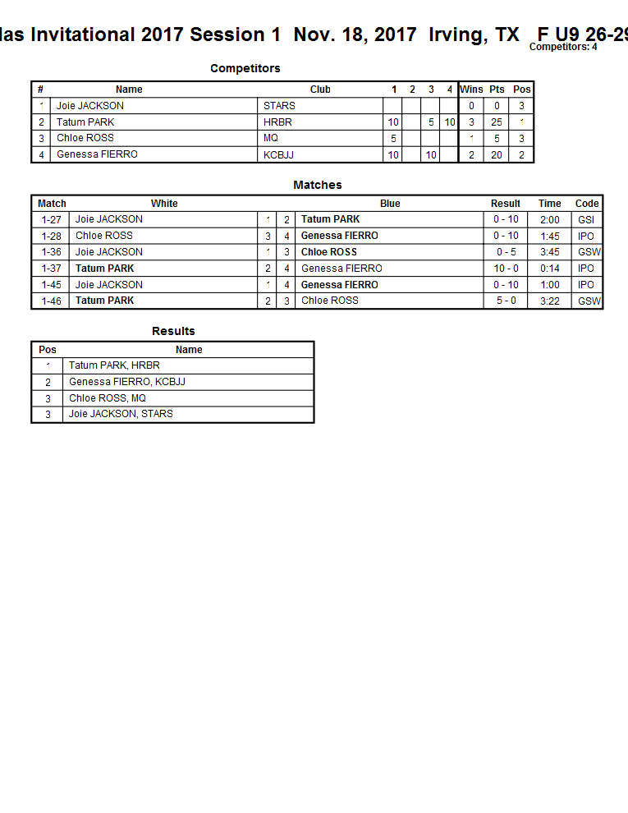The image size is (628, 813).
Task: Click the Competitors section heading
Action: [245, 68]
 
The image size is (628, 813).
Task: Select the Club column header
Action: [320, 90]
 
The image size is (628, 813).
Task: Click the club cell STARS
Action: [279, 106]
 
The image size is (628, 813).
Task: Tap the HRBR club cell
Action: [277, 122]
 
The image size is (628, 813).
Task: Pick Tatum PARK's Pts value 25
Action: [497, 122]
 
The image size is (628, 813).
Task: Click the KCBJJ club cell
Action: [278, 154]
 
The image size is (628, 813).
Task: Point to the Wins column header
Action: [471, 90]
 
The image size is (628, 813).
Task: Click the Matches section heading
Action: [318, 185]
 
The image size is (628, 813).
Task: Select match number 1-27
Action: [52, 219]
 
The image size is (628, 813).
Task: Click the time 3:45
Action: [550, 252]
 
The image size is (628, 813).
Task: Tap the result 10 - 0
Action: [506, 269]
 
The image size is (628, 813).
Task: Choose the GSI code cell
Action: [586, 219]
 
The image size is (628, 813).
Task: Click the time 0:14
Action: [550, 269]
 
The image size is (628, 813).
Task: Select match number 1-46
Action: [52, 301]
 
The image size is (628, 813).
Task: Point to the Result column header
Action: [506, 204]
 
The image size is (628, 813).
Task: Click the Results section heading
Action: [173, 331]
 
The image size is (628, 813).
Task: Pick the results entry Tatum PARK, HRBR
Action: [114, 365]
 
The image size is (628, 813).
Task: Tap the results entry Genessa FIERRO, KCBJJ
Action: [127, 382]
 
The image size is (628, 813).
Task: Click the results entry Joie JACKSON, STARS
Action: [121, 414]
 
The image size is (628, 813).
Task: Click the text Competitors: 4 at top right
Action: [563, 47]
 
